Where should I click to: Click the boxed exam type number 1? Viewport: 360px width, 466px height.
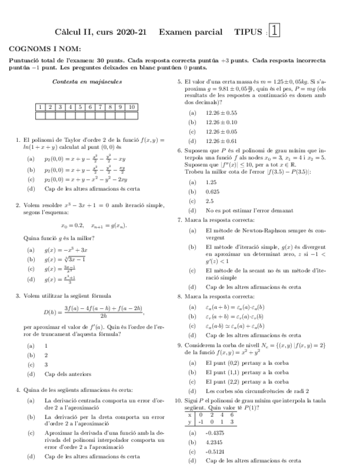pyautogui.click(x=275, y=31)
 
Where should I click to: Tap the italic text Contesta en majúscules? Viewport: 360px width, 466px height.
pyautogui.click(x=86, y=82)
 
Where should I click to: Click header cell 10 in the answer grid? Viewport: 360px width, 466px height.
pyautogui.click(x=131, y=107)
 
